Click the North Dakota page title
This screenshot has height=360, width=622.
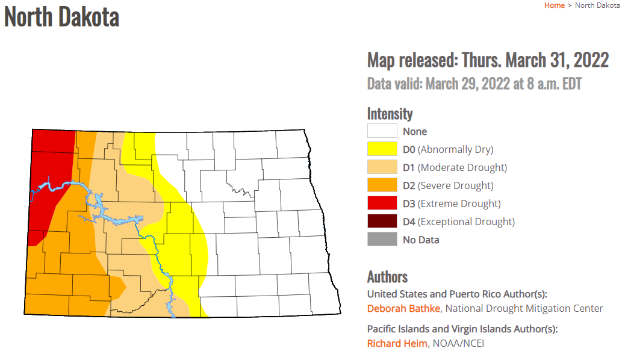62,16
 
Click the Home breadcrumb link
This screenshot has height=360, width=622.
554,5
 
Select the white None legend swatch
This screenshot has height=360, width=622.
382,131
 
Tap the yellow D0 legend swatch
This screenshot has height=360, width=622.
382,149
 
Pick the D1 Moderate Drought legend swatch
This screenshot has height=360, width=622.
382,167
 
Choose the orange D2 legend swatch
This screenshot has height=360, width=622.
382,185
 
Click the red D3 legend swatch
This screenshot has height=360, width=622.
382,203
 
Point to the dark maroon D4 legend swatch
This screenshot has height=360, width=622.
382,222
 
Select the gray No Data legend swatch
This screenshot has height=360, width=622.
382,240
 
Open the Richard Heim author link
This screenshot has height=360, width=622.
397,343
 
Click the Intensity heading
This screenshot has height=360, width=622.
390,114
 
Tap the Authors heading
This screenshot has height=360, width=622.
387,276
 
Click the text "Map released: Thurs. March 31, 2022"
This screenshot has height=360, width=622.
488,61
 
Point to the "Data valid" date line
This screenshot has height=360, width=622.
474,84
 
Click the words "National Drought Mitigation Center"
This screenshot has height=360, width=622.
524,308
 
